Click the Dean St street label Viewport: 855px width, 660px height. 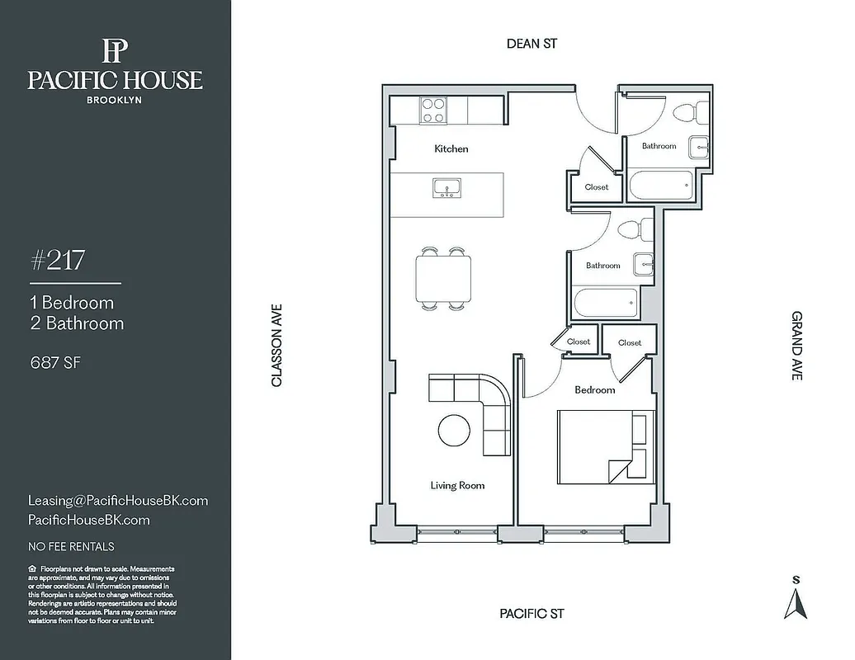(531, 44)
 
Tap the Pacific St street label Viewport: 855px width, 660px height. (531, 614)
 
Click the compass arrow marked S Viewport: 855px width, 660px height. (796, 602)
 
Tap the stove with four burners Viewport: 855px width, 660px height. (432, 110)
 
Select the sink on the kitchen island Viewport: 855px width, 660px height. (446, 188)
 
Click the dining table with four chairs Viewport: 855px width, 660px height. (443, 278)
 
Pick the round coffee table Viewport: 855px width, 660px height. (454, 430)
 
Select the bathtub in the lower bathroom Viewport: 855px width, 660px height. (607, 303)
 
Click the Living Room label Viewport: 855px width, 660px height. (457, 486)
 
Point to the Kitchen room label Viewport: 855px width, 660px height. (451, 149)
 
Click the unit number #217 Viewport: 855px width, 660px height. (57, 262)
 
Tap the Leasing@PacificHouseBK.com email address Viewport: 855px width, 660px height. (118, 501)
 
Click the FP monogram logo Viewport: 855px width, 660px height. (115, 51)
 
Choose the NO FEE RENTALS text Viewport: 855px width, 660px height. (71, 546)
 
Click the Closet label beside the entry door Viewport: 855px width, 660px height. (597, 187)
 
